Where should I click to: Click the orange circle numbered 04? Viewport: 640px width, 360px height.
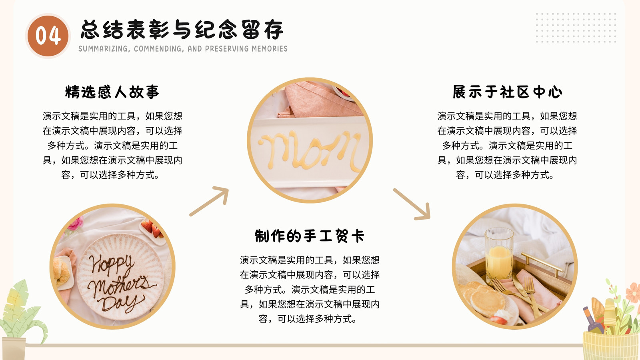48,36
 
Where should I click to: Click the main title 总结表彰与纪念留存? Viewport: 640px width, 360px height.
182,30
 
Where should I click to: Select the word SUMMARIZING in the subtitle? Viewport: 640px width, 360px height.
103,49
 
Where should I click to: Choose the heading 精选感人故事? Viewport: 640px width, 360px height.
112,92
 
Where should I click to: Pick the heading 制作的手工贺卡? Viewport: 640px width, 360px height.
310,236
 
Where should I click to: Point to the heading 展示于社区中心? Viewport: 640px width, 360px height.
508,92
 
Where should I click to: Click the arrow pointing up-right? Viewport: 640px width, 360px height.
210,201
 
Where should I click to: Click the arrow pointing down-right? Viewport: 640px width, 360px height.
412,204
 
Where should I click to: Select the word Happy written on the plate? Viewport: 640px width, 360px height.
112,264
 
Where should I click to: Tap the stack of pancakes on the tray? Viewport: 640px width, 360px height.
483,298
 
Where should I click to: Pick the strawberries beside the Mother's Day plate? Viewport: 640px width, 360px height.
152,228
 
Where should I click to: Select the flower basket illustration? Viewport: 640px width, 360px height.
612,320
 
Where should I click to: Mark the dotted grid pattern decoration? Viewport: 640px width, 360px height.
576,28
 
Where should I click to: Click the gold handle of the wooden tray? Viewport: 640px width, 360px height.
542,263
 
